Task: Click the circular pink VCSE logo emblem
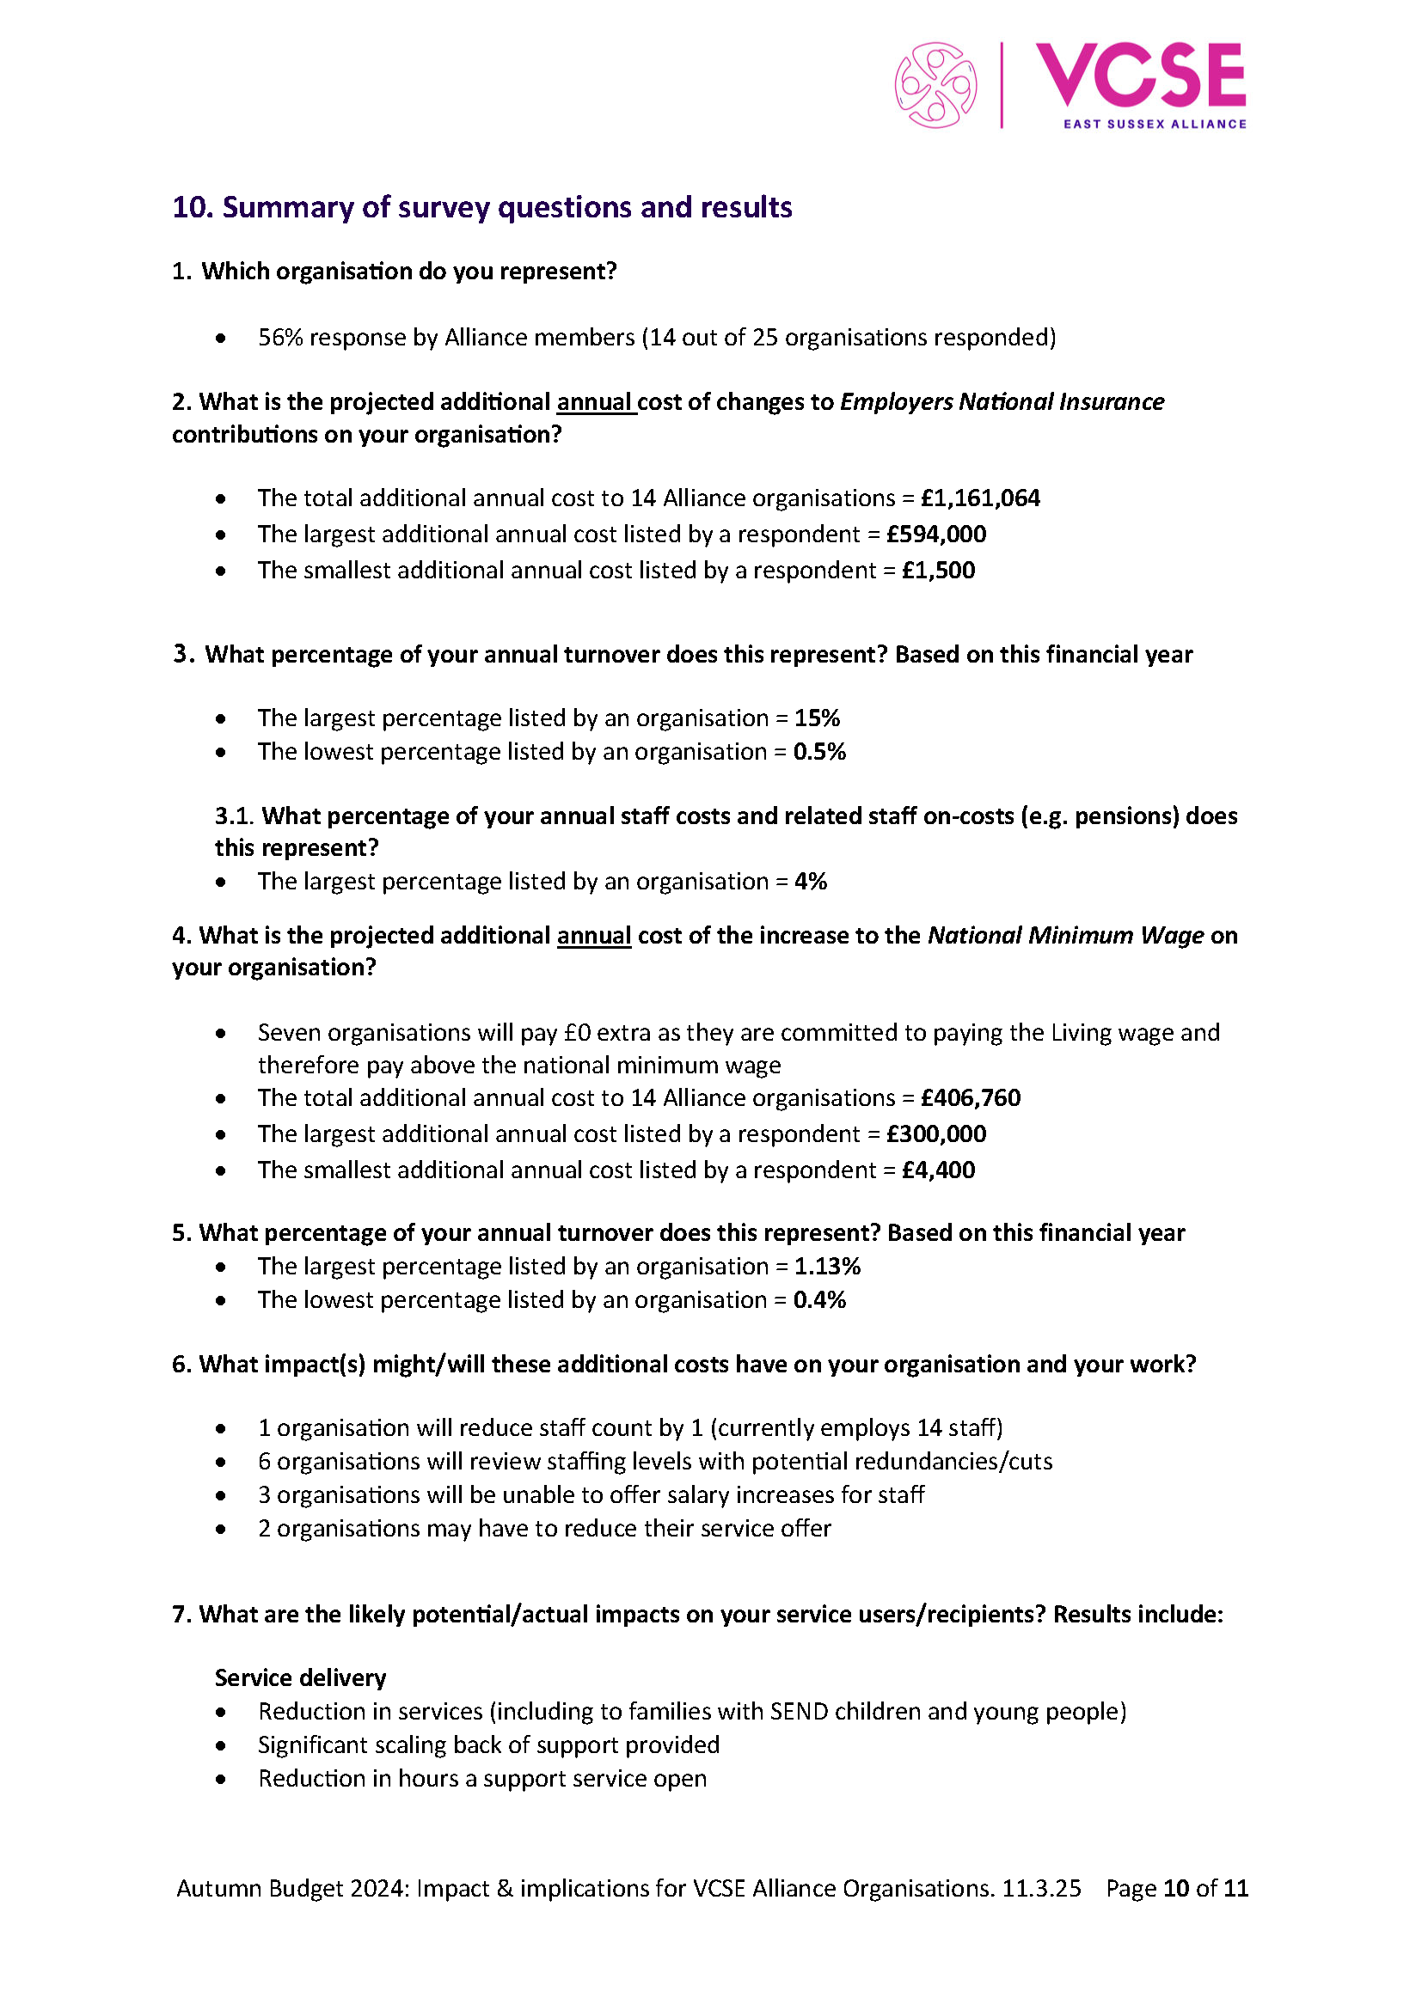[x=935, y=85]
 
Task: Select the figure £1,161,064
[x=980, y=498]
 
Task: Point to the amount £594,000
[x=936, y=534]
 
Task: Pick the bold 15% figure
[x=817, y=718]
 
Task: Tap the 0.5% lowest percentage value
[x=819, y=751]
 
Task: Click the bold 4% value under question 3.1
[x=811, y=881]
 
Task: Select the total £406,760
[x=970, y=1097]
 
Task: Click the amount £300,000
[x=936, y=1133]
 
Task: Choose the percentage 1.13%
[x=827, y=1266]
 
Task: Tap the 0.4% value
[x=819, y=1299]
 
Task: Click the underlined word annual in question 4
[x=594, y=935]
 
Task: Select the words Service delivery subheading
[x=300, y=1677]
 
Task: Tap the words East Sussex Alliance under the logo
[x=1154, y=125]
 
